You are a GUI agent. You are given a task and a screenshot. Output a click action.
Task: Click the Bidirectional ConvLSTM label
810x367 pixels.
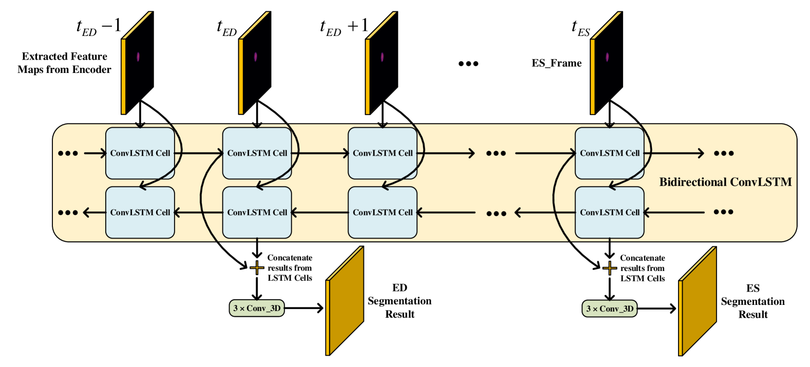(x=725, y=182)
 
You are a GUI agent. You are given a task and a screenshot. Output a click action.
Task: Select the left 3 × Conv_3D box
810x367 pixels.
(x=257, y=308)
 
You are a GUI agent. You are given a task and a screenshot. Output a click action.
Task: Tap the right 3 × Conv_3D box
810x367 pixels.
(x=609, y=309)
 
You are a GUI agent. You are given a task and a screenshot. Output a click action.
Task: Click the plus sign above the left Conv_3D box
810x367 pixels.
(x=257, y=267)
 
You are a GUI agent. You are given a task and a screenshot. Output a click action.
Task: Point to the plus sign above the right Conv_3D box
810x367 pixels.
(x=609, y=268)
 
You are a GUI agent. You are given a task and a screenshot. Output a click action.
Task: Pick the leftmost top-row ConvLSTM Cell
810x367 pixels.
(x=140, y=153)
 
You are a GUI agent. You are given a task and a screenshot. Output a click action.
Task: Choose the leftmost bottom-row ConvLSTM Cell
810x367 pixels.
(x=140, y=213)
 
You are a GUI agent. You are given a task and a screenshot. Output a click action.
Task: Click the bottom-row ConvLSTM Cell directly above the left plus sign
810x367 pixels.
(x=257, y=213)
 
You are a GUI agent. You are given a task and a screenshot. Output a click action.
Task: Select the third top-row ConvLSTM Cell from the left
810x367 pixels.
(x=382, y=153)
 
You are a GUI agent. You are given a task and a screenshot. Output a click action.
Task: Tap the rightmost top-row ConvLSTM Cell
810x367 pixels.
(x=609, y=153)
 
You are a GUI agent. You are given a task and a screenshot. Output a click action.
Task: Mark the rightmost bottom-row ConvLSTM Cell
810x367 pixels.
(x=609, y=213)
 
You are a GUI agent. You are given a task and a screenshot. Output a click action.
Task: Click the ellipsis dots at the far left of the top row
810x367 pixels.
(x=68, y=153)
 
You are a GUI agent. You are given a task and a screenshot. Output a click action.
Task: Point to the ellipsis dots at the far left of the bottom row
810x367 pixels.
(x=68, y=213)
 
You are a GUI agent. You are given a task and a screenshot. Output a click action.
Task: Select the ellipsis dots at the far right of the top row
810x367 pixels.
(x=723, y=153)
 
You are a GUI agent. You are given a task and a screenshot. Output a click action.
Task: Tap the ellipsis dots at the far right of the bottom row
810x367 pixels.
(x=723, y=212)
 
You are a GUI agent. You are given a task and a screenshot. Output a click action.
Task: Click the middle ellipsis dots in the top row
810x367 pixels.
(x=496, y=153)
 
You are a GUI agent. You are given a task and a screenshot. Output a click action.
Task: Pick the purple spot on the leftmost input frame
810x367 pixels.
(x=138, y=56)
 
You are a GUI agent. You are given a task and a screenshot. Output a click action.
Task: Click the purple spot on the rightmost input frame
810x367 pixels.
(x=607, y=56)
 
